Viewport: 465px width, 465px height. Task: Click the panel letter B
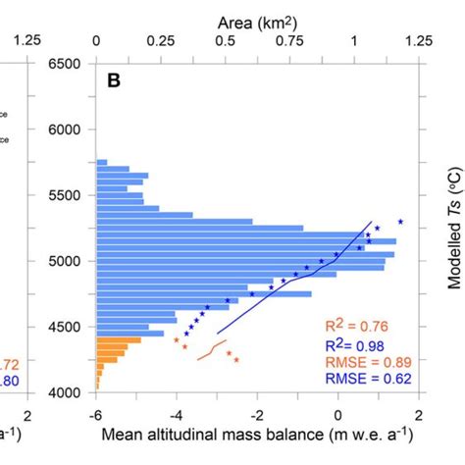[115, 81]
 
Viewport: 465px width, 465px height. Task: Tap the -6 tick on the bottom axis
[96, 414]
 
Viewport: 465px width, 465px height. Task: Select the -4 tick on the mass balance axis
[177, 414]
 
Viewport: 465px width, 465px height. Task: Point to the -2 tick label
[257, 414]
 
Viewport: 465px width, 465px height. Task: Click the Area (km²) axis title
[257, 18]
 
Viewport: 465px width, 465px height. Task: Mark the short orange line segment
[207, 351]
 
